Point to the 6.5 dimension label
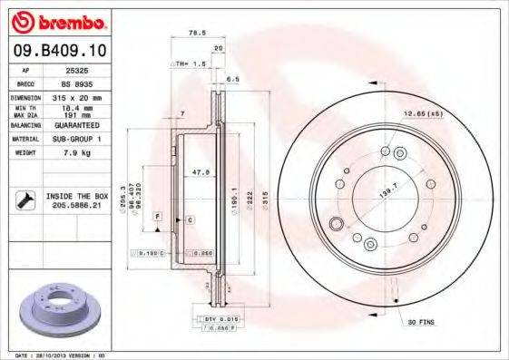click(234, 80)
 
